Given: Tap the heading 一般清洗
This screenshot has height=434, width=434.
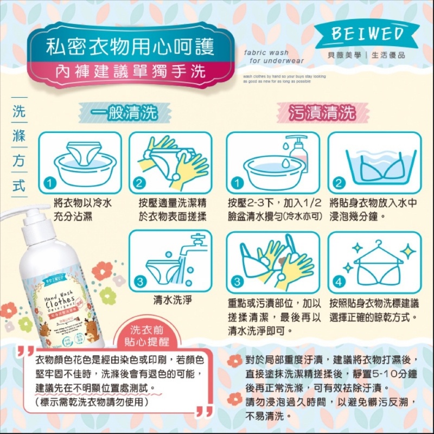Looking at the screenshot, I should tap(125, 112).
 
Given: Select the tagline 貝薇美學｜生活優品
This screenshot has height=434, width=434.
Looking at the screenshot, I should tap(371, 55).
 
